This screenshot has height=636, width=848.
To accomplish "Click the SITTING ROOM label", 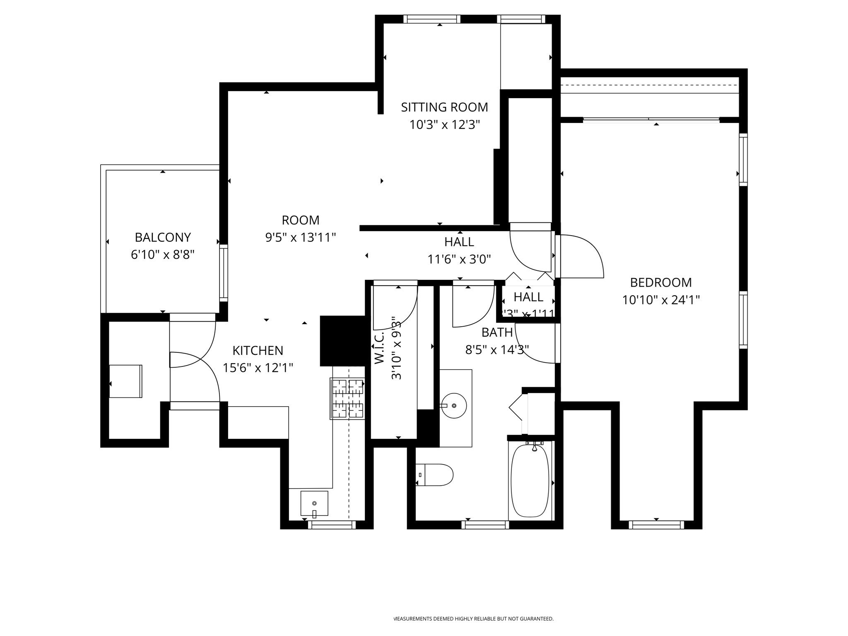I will [444, 107].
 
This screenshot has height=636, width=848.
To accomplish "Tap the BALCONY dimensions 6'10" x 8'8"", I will [162, 255].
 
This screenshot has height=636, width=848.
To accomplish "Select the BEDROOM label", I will [661, 282].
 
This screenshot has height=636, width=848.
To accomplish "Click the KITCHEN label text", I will [258, 351].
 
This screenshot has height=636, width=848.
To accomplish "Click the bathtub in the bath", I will [530, 481].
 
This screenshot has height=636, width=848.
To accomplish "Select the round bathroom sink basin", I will [454, 405].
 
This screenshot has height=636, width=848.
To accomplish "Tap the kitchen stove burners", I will [347, 398].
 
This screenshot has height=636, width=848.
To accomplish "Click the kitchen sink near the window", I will [314, 503].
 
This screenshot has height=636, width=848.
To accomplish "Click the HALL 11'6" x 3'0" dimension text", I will [459, 260].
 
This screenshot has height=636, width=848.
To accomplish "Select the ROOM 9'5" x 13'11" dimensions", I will [300, 238].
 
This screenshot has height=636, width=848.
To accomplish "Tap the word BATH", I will [497, 332].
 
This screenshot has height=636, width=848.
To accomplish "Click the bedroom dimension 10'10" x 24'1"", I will [661, 300].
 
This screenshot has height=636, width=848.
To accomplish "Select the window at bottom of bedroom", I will [656, 525].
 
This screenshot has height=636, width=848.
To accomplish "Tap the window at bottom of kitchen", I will [332, 525].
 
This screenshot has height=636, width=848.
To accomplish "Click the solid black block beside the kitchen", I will [342, 341].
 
